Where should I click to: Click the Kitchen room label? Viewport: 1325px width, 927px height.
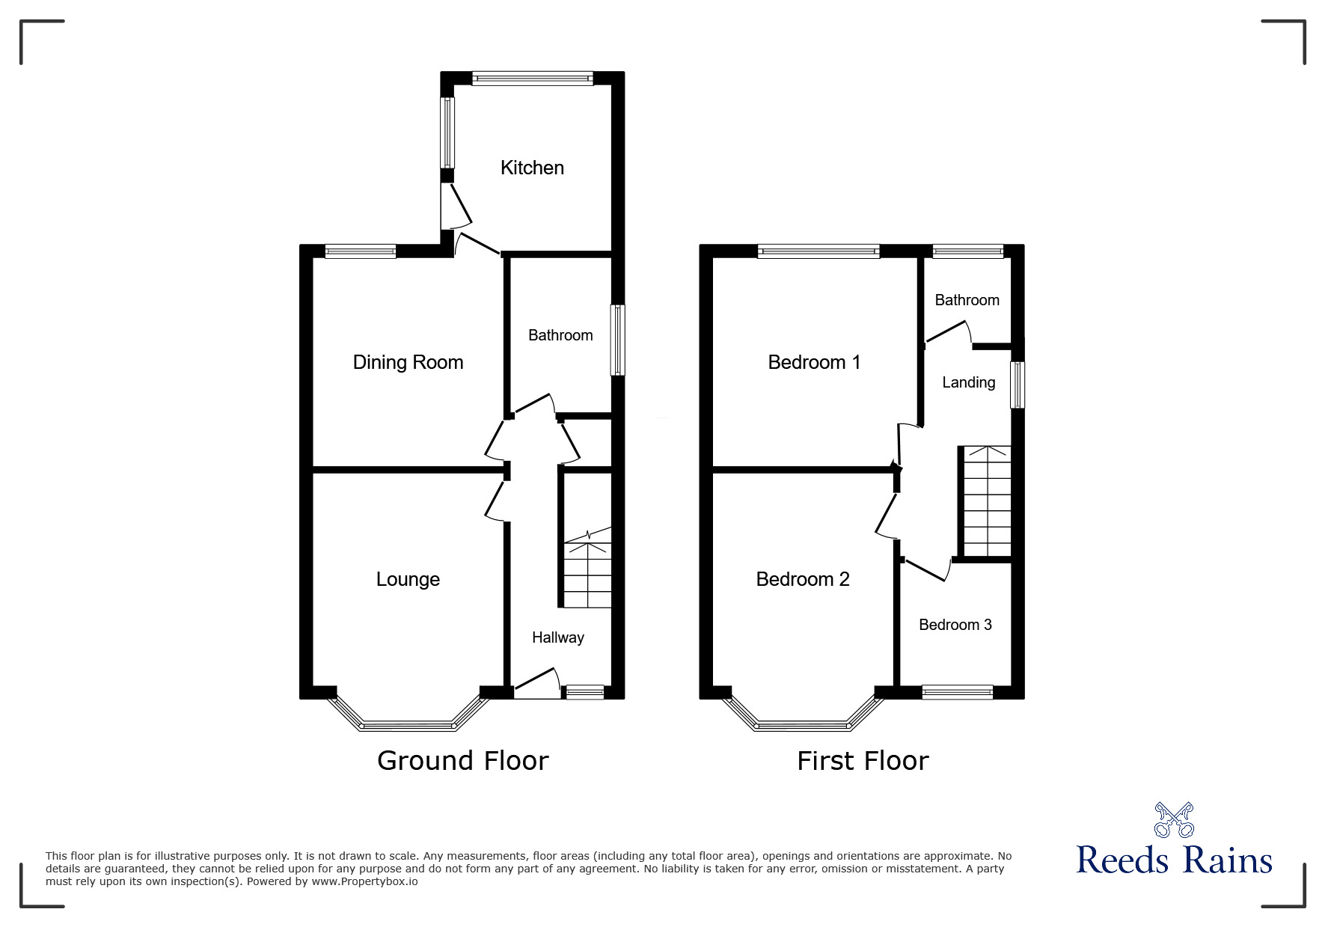point(532,168)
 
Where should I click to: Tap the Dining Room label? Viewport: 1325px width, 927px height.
point(408,363)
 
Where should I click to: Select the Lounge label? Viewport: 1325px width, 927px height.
point(408,579)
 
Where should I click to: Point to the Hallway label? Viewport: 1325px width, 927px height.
point(557,637)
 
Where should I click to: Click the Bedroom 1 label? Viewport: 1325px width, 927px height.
point(814,363)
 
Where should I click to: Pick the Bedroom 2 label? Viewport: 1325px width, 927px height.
point(803,579)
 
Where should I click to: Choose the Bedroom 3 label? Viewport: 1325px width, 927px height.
point(955,625)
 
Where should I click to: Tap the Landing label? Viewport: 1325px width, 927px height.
point(969,382)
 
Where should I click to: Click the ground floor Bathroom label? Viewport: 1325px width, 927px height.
point(560,335)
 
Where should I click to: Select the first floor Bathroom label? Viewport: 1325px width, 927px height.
point(967,300)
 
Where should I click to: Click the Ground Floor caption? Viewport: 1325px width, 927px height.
point(463,760)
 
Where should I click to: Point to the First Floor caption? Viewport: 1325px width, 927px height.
point(863,761)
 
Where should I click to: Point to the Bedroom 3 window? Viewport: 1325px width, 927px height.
point(957,692)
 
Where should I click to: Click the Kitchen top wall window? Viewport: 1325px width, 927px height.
point(533,78)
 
